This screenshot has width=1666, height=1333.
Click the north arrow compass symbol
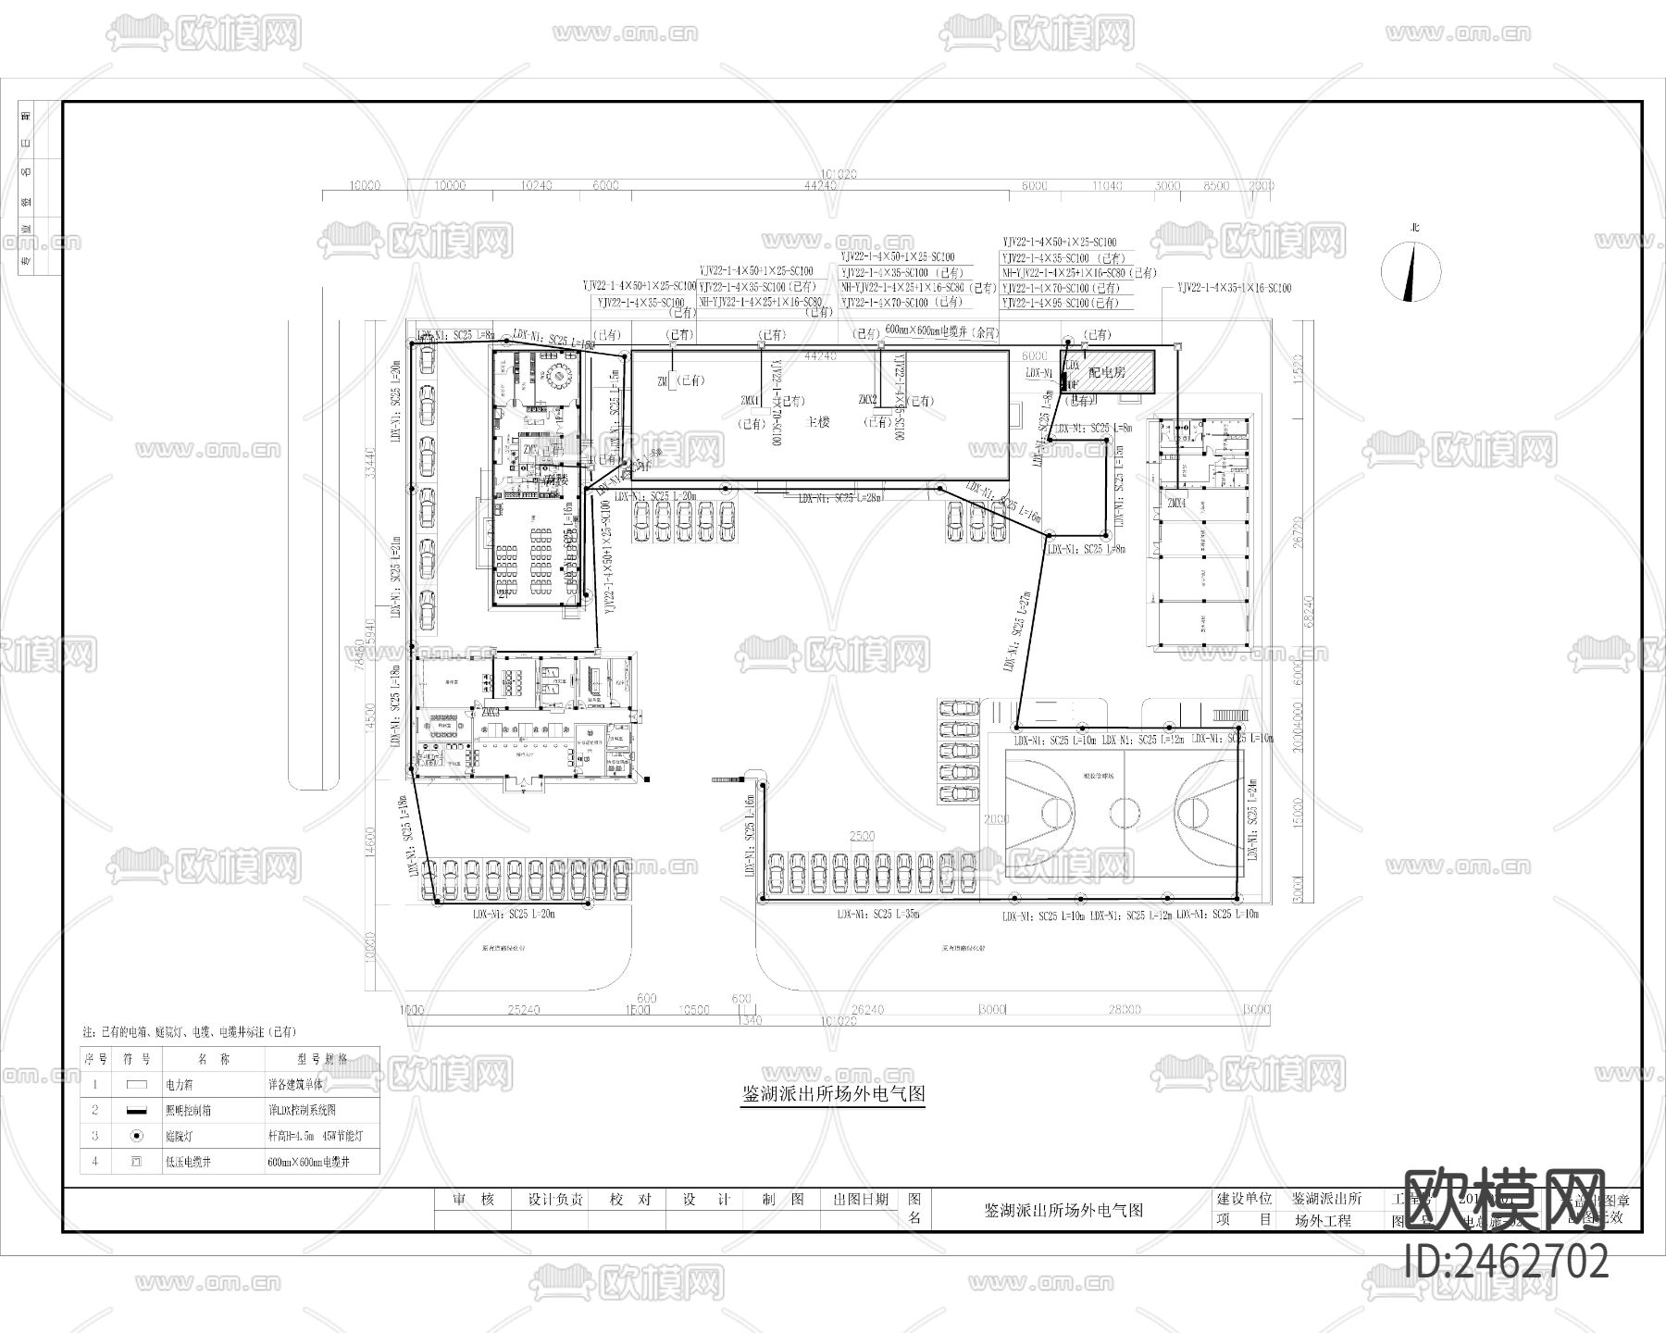coord(1411,271)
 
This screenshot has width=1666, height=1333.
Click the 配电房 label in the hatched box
coord(1107,372)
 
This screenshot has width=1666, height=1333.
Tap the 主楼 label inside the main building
coord(818,421)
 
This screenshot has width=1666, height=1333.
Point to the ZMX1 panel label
coord(750,401)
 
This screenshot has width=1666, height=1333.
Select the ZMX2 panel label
coord(867,400)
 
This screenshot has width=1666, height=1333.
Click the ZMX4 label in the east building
coord(1176,503)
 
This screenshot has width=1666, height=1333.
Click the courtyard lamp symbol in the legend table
coord(136,1135)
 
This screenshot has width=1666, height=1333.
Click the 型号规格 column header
coord(323,1058)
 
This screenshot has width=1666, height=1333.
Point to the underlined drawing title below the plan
coord(834,1093)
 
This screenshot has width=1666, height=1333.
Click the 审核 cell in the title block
coord(473,1200)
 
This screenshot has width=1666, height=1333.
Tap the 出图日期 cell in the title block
coord(860,1200)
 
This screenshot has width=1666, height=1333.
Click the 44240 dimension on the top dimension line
coord(821,185)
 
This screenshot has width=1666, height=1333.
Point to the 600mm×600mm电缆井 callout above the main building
coord(941,330)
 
